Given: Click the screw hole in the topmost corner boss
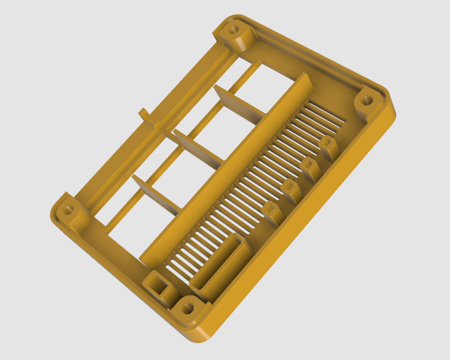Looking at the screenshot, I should tap(234, 30).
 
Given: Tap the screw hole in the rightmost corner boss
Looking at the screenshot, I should tap(365, 101).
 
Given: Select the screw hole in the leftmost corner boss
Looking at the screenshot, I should tap(68, 210).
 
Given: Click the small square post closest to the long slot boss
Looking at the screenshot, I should tap(272, 213).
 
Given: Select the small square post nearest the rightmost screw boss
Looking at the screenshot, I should tap(329, 146).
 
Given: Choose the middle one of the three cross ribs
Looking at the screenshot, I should tap(199, 145).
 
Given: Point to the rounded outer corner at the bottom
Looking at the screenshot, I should tap(198, 336).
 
